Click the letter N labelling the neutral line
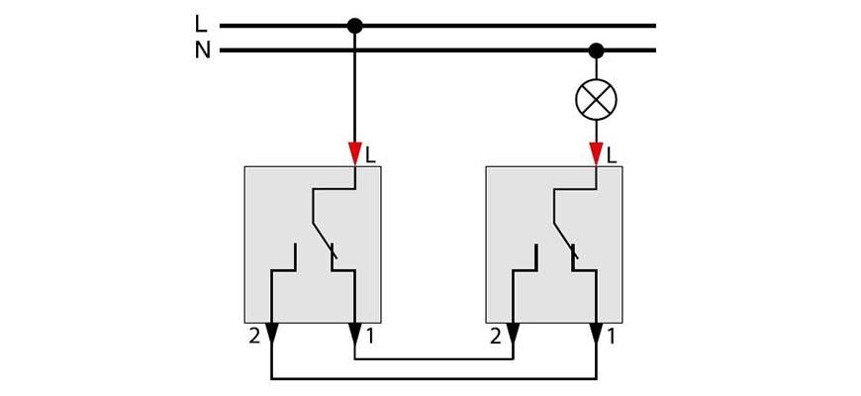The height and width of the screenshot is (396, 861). coord(202,50)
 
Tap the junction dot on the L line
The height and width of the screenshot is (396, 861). coord(355,26)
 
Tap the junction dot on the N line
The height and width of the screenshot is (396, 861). coord(596,50)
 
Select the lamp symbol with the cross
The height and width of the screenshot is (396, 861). coord(596,99)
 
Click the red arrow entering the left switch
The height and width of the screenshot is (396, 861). coord(355,153)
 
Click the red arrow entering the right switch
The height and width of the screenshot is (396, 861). coord(596,153)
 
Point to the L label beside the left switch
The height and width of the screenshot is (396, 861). coord(370,154)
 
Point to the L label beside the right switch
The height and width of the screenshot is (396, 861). coord(612,154)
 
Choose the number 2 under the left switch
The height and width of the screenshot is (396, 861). coord(254,337)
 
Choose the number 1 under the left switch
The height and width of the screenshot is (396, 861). coord(370,337)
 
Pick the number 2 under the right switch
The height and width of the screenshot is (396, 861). coord(496,337)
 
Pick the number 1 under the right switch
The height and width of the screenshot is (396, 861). coord(612,337)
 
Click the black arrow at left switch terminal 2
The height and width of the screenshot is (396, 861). coord(272,334)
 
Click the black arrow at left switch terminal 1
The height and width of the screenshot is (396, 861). coord(355,334)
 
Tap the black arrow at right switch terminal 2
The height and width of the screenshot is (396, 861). coord(513,334)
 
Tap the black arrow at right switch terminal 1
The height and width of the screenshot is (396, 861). coord(596,334)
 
